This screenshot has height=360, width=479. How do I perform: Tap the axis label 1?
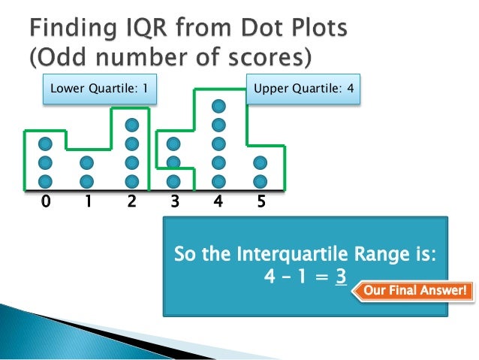tap(88, 202)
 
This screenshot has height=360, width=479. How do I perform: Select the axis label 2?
tap(132, 202)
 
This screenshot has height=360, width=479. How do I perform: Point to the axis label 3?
tap(174, 202)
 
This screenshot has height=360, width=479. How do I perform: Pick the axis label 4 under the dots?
tap(218, 202)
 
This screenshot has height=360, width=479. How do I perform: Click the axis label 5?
tap(261, 202)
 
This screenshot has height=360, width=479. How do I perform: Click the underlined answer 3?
tap(340, 277)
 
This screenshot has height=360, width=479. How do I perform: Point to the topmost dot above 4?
tap(218, 106)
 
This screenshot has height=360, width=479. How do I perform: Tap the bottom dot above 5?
tap(261, 181)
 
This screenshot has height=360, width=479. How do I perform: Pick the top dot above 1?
tap(88, 162)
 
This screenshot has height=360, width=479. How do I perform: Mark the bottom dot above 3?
tap(174, 181)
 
